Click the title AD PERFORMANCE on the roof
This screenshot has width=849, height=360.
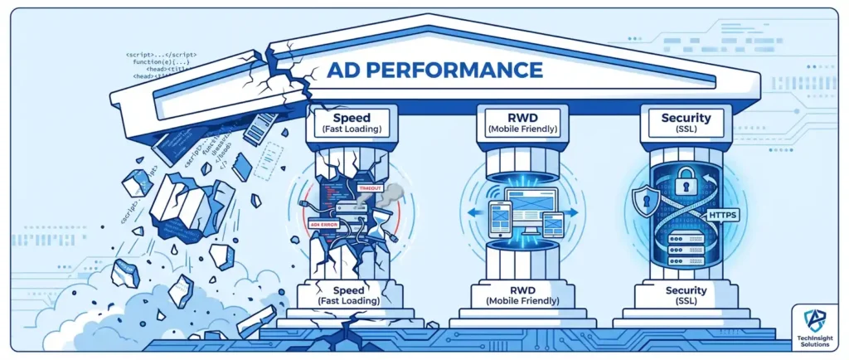pyautogui.click(x=434, y=70)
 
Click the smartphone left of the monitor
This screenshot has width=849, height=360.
pyautogui.click(x=497, y=216)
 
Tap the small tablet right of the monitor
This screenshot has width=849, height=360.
pyautogui.click(x=553, y=223)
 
